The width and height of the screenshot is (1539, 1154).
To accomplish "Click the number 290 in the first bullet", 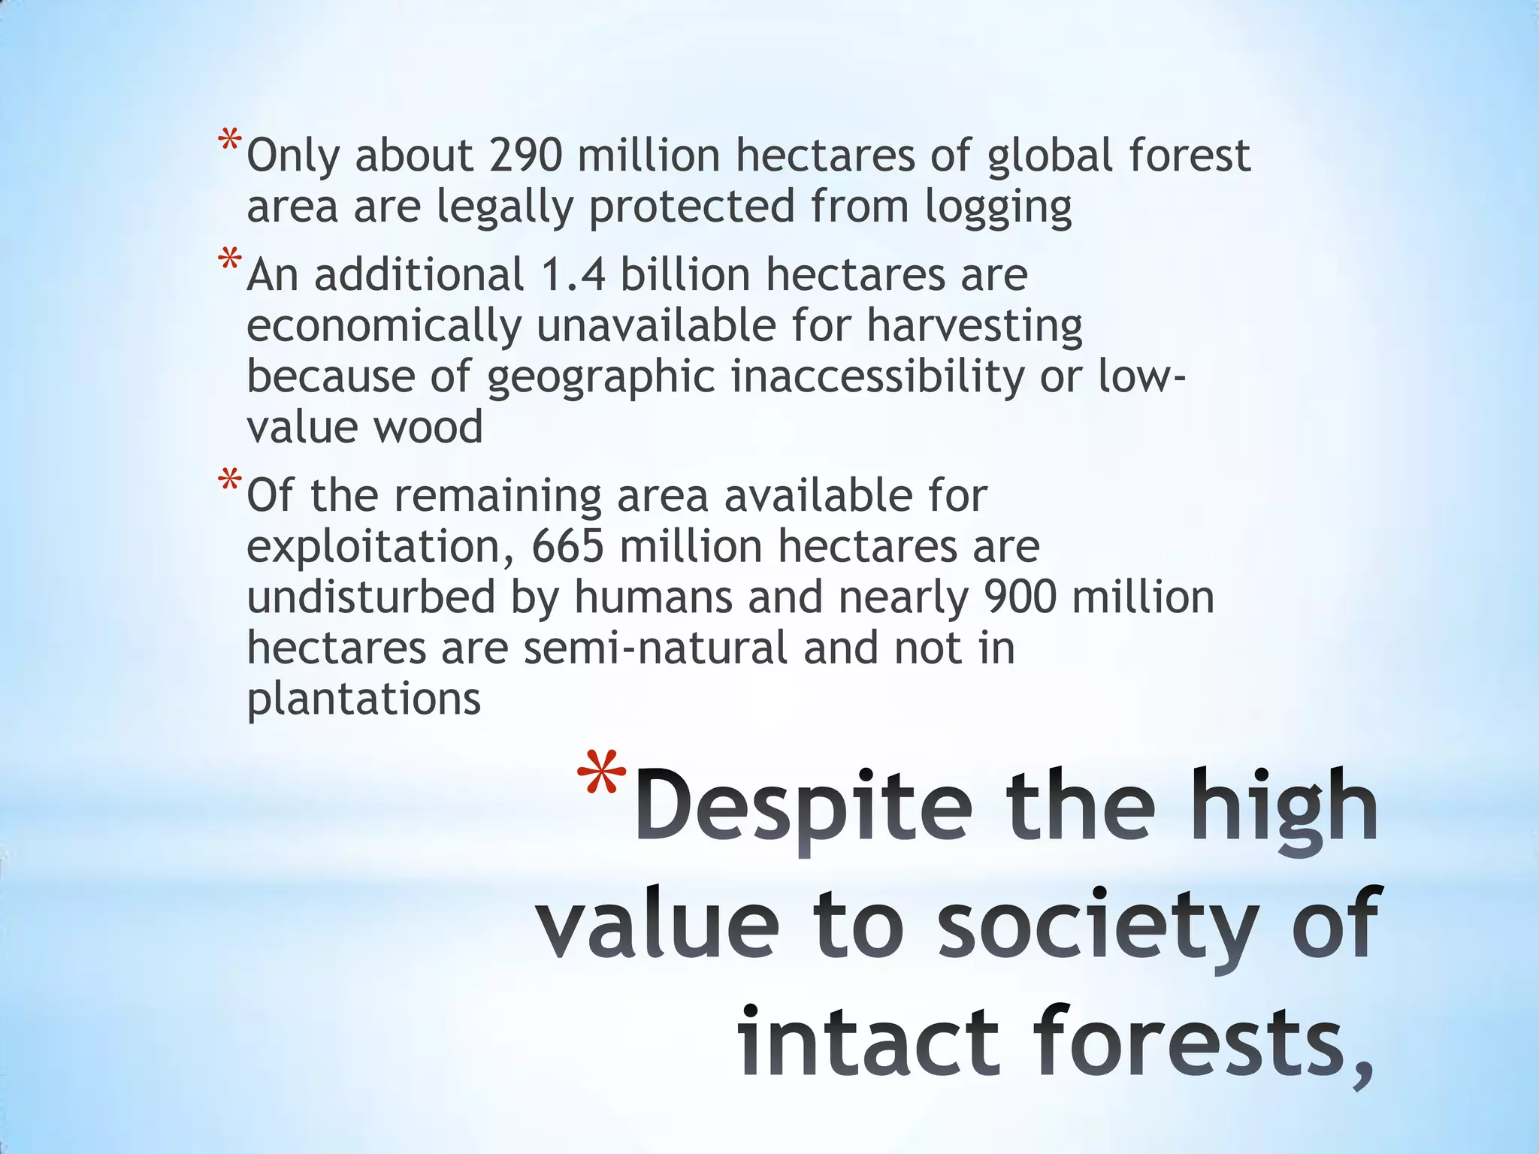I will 525,156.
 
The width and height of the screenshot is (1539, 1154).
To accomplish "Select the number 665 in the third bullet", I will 567,546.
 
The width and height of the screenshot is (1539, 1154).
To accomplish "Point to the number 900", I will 1020,597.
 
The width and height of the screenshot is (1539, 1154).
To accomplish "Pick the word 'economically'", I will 384,327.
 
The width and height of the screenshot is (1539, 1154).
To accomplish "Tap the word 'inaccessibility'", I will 878,376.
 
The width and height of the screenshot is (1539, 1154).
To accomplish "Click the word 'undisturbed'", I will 371,597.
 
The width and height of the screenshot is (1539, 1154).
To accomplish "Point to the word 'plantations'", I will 364,699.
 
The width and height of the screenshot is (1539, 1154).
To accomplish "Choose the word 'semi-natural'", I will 655,648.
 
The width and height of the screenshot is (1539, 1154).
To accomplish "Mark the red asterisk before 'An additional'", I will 230,260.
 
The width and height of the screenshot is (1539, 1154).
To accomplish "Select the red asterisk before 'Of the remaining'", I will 230,481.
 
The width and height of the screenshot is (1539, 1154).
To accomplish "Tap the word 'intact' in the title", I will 869,1043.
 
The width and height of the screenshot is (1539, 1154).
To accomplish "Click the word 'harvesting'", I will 974,327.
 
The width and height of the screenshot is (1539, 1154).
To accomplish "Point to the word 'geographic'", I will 600,378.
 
